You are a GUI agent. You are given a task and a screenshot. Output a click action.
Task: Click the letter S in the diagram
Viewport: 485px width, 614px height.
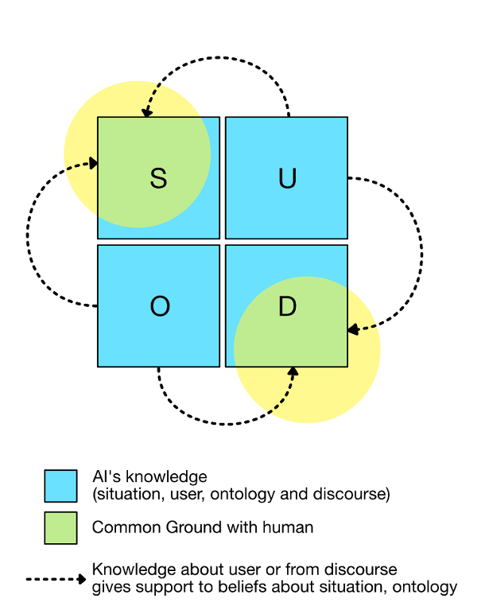[x=158, y=179]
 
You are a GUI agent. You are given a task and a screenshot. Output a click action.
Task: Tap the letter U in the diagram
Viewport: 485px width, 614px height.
[x=287, y=179]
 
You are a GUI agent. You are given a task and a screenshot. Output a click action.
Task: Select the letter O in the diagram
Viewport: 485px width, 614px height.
[x=159, y=307]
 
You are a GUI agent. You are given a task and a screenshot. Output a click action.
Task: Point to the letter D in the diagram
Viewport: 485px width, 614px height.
[x=287, y=307]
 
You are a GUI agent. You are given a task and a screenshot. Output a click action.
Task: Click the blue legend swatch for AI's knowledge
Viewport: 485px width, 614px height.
[x=60, y=486]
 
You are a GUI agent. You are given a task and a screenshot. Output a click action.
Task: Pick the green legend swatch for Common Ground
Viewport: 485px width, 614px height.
[x=60, y=527]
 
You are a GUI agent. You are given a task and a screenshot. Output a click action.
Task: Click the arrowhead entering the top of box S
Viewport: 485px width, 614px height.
[x=146, y=112]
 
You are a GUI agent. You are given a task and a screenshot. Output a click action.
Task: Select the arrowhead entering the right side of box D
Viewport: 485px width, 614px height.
[x=352, y=328]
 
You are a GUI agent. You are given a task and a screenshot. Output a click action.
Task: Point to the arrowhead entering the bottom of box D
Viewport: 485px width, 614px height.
[x=293, y=371]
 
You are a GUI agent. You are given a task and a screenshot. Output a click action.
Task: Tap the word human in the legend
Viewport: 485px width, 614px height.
[x=290, y=527]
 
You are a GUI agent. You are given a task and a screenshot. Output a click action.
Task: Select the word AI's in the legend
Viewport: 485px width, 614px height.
[x=107, y=477]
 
